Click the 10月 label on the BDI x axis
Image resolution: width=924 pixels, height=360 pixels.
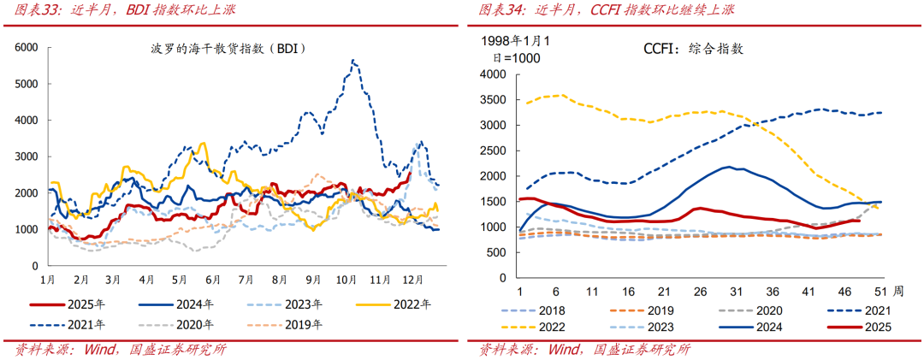coord(346,280)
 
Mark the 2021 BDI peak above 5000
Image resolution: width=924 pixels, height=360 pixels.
coord(352,61)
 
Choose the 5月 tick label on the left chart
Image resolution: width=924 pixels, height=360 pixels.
coord(180,280)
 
